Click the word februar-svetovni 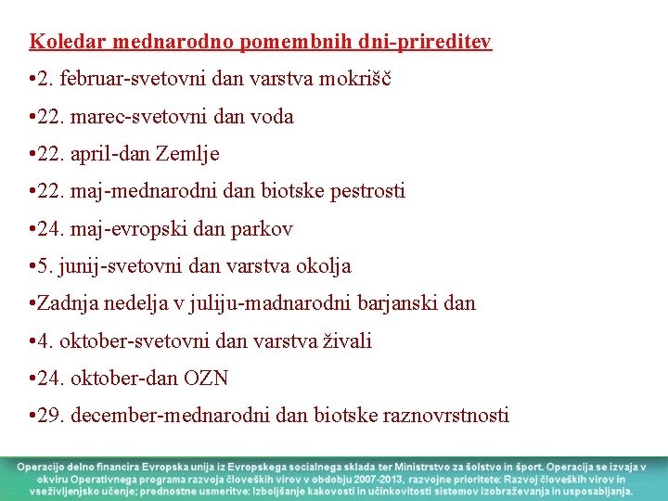pos(137,79)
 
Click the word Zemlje pos(191,154)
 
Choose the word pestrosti pos(361,191)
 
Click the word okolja pos(321,266)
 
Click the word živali pos(347,341)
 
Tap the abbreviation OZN pos(206,379)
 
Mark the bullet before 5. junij pos(32,266)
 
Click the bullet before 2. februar pos(32,79)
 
